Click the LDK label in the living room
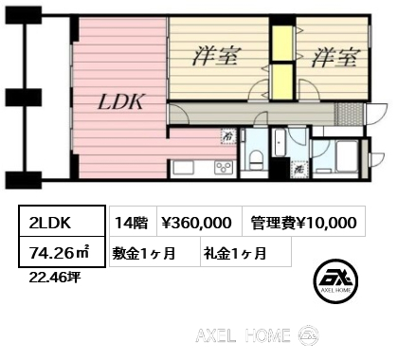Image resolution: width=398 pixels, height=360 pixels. [x=121, y=101]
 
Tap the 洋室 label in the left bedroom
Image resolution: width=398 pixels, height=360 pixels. [x=216, y=56]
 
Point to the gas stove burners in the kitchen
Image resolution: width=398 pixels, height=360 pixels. [x=224, y=168]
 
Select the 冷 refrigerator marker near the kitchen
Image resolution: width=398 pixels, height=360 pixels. [x=228, y=135]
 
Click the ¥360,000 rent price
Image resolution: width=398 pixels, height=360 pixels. [x=197, y=223]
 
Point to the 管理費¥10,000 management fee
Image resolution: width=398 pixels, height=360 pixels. [x=303, y=223]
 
